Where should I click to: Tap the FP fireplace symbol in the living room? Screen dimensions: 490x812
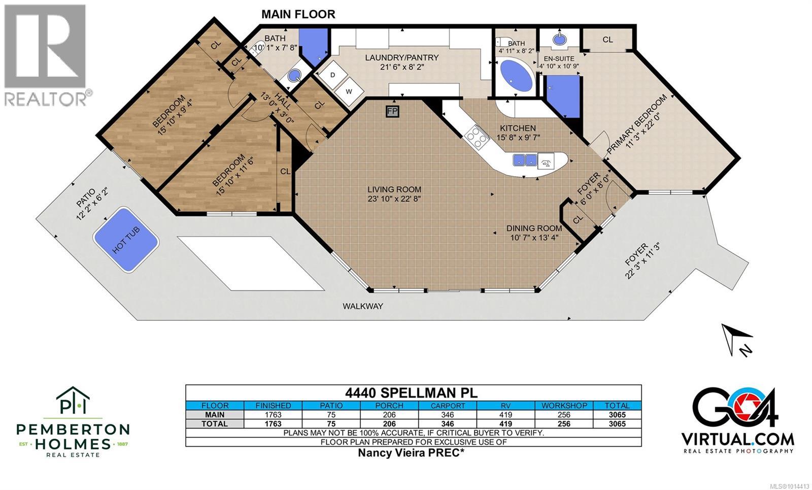coord(392,111)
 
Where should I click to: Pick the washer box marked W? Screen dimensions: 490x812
coord(349,92)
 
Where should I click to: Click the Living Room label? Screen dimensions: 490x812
coord(394,193)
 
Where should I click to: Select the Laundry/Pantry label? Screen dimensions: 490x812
coord(401,62)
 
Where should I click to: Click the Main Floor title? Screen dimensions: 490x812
coord(298,14)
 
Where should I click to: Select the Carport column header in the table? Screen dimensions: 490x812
coord(448,405)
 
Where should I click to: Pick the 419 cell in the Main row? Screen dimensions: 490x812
coord(505,414)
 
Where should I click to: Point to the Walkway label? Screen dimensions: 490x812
coord(362,306)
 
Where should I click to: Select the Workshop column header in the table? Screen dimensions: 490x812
coord(564,405)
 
